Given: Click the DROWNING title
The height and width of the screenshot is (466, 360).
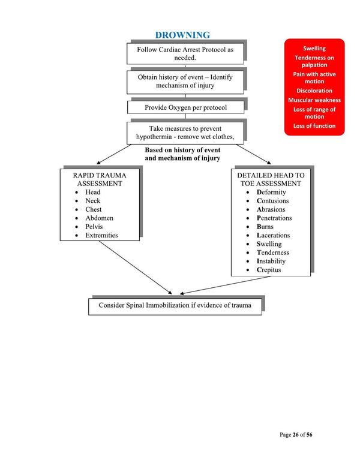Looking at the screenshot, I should [183, 35].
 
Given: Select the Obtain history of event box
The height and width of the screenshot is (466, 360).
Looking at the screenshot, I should [185, 81].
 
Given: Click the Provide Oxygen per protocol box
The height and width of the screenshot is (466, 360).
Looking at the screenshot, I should [185, 107].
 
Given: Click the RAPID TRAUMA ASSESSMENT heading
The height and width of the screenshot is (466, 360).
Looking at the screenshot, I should [101, 179].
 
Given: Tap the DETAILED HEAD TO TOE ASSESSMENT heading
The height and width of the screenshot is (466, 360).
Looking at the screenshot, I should [271, 179].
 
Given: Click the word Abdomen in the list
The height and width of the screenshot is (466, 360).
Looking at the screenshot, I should [100, 218].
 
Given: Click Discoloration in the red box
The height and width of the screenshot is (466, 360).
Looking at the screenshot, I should [314, 91].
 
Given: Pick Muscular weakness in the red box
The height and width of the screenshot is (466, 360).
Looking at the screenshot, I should [314, 100].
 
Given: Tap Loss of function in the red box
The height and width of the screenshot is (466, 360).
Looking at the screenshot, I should [314, 126].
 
